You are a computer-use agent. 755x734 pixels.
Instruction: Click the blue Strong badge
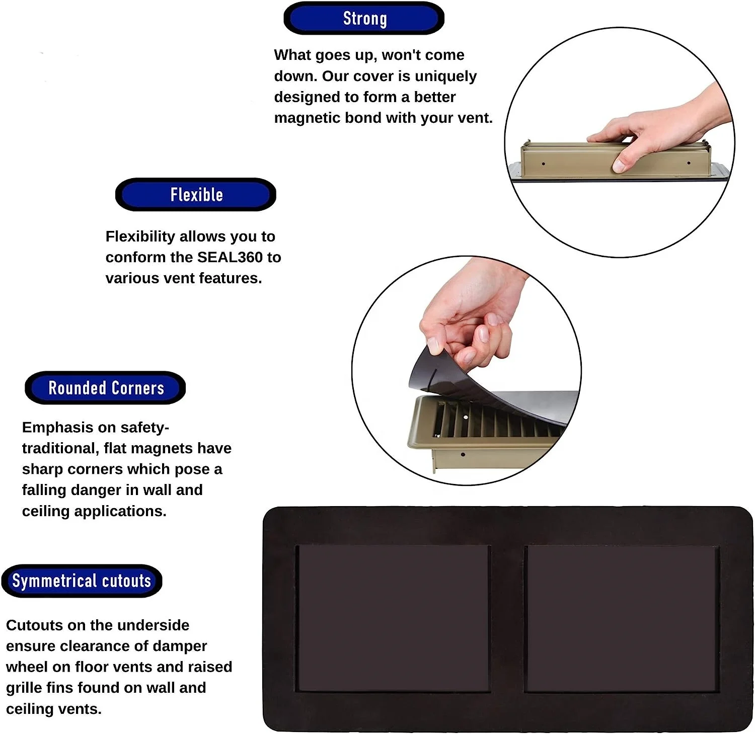tap(364, 19)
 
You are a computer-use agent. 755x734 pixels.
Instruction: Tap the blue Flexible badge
tap(196, 195)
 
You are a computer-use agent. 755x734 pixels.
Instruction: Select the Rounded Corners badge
tap(106, 388)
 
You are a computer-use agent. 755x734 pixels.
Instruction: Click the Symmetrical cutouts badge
tap(82, 581)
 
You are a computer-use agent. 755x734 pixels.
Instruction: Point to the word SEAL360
tap(230, 257)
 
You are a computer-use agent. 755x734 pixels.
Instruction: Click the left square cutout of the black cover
tap(393, 617)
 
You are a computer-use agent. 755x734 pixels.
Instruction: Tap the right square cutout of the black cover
tap(622, 617)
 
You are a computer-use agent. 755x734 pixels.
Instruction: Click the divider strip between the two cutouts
tap(507, 617)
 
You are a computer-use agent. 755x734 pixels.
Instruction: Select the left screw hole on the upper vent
tap(543, 164)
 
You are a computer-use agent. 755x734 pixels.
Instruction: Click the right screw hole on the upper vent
tap(689, 163)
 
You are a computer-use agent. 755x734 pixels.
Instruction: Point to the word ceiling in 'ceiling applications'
tap(46, 511)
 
